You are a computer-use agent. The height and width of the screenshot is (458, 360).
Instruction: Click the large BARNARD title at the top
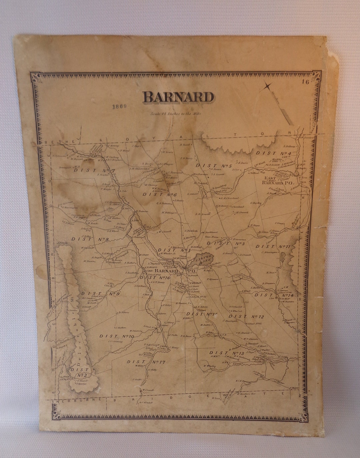pos(178,97)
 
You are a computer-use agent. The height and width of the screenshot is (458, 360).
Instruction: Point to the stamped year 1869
pos(119,107)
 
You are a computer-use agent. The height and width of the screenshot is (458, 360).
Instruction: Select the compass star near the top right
pos(267,86)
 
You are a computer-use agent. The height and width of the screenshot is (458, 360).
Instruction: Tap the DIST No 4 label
pos(274,153)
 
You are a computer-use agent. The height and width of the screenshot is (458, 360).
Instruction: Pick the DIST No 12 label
pos(246,316)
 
